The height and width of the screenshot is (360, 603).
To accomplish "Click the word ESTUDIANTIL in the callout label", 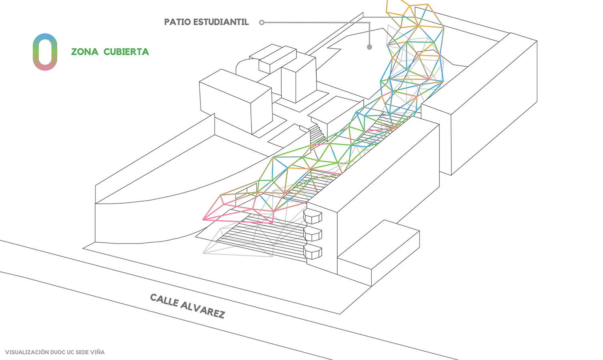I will [x=220, y=22].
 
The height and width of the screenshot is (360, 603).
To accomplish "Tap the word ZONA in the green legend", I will [x=84, y=52].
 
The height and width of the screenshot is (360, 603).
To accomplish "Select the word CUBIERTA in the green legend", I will [x=126, y=52].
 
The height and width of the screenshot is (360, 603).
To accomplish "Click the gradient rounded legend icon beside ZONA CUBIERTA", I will [x=45, y=52].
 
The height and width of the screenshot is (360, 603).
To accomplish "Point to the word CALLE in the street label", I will [x=164, y=300].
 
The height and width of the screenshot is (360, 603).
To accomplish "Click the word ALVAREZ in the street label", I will [x=202, y=308].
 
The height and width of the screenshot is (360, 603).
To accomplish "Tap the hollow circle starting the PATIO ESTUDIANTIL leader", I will [x=262, y=22].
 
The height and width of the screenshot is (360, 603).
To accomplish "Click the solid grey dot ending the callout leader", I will [x=369, y=47].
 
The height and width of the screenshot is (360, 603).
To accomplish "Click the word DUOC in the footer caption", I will [x=58, y=352].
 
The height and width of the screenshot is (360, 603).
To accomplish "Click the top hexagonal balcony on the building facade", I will [x=313, y=216].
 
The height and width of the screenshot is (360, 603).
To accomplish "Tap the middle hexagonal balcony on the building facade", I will [x=313, y=234].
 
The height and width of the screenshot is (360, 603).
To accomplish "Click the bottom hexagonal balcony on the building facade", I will [x=313, y=252].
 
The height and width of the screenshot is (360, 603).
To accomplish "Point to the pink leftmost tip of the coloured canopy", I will [x=204, y=219].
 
